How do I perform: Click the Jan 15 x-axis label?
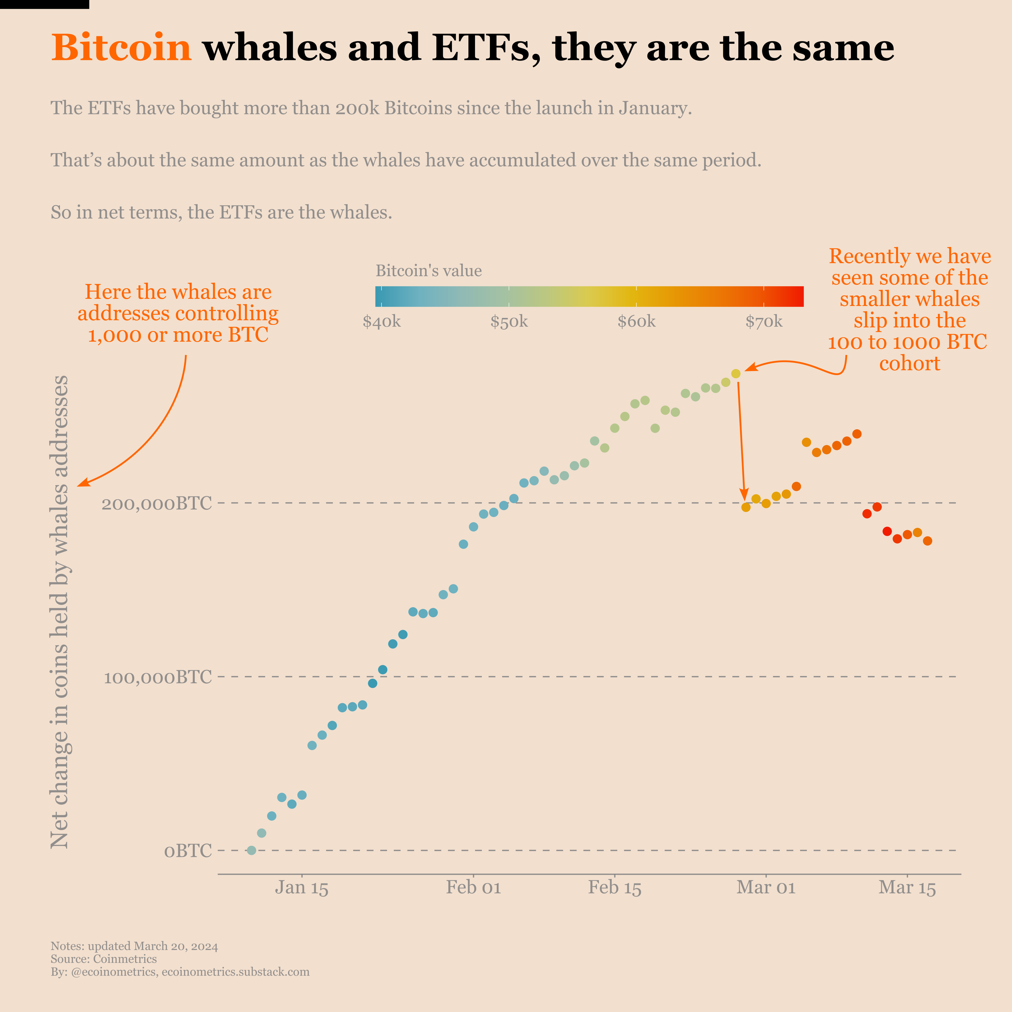click(302, 888)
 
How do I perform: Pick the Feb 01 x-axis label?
click(474, 888)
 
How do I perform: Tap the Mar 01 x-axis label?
click(766, 888)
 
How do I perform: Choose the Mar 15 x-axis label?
click(907, 888)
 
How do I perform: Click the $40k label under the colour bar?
click(381, 322)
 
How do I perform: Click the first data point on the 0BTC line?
click(251, 850)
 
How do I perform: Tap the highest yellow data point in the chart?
click(736, 374)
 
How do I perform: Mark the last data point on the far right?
click(927, 541)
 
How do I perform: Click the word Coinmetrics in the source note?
click(125, 959)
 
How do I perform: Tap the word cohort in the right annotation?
click(909, 364)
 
